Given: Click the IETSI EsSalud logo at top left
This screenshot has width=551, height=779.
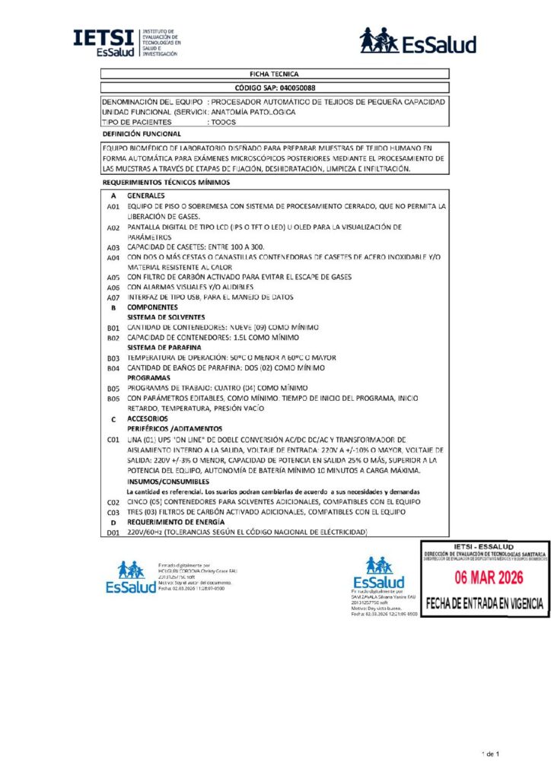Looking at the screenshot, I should pyautogui.click(x=126, y=43).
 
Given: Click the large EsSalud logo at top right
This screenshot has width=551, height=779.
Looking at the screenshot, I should pyautogui.click(x=418, y=41).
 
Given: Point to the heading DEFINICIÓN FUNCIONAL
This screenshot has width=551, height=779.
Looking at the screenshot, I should pyautogui.click(x=142, y=134).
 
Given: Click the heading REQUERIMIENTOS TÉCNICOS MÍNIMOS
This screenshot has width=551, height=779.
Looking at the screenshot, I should pyautogui.click(x=166, y=183).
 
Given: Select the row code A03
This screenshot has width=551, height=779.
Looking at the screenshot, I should pyautogui.click(x=113, y=247).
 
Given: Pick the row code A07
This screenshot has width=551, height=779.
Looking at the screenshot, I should pyautogui.click(x=113, y=297).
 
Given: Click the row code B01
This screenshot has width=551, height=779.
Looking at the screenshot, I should pyautogui.click(x=113, y=327).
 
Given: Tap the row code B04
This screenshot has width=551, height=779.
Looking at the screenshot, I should pyautogui.click(x=113, y=368).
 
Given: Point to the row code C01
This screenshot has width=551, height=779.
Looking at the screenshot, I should pyautogui.click(x=113, y=440).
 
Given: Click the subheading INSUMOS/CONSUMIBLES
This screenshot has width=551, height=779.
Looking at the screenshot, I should pyautogui.click(x=167, y=482).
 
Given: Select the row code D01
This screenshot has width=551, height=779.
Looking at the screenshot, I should pyautogui.click(x=113, y=533).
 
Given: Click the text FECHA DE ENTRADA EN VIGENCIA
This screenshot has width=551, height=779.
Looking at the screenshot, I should pyautogui.click(x=485, y=603).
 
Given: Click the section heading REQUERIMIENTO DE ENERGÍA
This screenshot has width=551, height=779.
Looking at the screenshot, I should pyautogui.click(x=176, y=523).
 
